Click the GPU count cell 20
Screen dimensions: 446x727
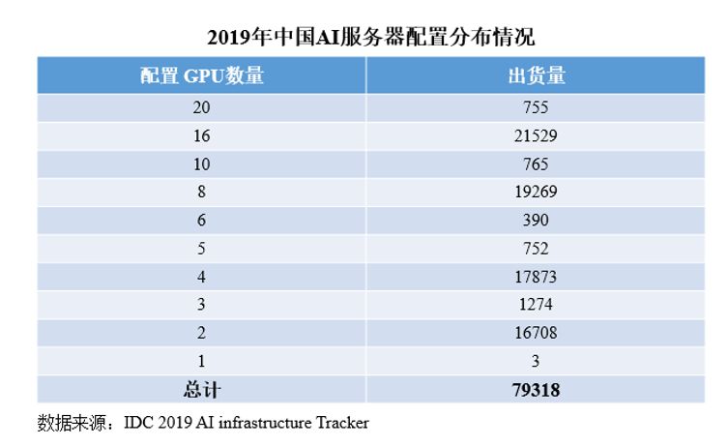pos(201,108)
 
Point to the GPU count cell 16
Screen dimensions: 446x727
pos(201,136)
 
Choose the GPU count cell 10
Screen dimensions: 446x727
pos(201,164)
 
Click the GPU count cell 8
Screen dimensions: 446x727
pos(201,193)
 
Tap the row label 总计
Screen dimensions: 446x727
pos(201,390)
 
